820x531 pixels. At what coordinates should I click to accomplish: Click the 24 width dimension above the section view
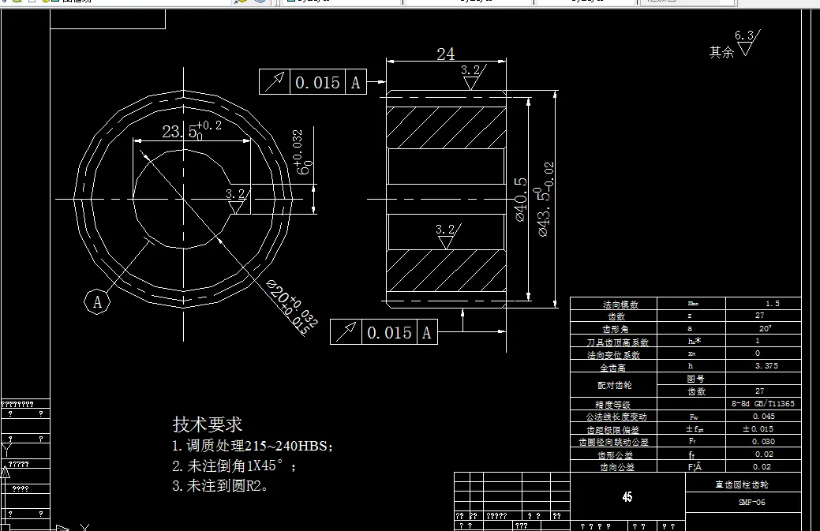(446, 54)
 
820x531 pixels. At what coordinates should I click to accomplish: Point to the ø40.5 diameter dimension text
(520, 199)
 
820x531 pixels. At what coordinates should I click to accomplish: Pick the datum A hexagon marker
(97, 301)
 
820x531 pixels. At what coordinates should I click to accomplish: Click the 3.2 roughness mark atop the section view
(471, 74)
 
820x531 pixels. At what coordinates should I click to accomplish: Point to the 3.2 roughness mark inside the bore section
(446, 234)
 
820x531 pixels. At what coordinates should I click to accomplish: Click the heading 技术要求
(208, 424)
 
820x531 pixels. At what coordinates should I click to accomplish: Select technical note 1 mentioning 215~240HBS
(253, 447)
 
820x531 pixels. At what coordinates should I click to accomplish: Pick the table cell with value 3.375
(766, 366)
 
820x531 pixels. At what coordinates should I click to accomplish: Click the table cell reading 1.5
(772, 304)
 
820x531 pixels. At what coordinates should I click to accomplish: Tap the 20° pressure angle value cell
(765, 328)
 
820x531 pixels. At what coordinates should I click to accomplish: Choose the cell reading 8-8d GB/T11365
(763, 404)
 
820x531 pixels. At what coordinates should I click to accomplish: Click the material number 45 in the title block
(627, 497)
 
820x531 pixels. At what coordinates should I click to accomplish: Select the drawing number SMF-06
(751, 503)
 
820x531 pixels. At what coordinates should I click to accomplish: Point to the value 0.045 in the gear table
(763, 417)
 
